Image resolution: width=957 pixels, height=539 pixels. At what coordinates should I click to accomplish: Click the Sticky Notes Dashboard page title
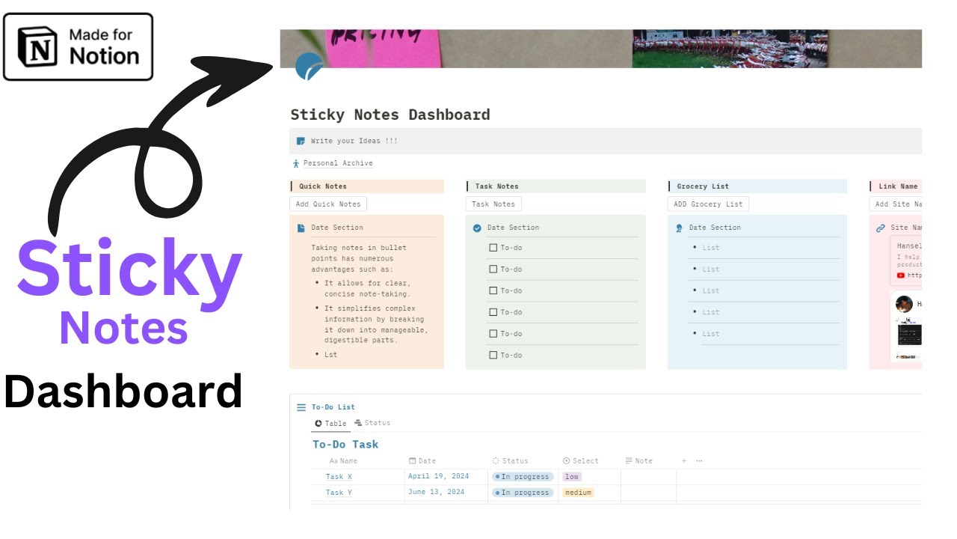point(390,115)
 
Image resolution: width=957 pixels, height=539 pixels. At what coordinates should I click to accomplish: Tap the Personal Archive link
point(337,163)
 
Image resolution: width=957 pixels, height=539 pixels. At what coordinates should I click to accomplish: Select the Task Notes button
point(493,204)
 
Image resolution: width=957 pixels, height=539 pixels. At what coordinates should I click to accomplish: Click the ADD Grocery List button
point(707,204)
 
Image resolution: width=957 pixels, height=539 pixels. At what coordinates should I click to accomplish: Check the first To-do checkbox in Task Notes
point(493,248)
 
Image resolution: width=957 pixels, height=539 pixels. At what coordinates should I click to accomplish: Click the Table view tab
point(330,424)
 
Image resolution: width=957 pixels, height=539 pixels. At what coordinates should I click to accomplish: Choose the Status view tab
point(372,423)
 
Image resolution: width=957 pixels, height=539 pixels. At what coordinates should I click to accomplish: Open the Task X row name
point(339,477)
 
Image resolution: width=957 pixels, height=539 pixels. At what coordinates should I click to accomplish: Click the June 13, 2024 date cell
point(436,493)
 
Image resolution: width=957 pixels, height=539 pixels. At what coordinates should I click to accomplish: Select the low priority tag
point(571,477)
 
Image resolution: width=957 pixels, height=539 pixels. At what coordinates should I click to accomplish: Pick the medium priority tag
point(578,493)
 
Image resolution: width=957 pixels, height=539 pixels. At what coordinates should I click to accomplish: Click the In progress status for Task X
point(523,477)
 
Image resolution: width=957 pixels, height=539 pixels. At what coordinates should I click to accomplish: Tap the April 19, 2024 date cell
point(438,477)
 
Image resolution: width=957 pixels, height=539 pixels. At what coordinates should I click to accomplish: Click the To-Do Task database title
point(345,445)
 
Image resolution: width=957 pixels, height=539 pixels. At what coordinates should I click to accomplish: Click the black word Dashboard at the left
point(123,391)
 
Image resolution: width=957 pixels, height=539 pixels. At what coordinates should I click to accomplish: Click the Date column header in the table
point(422,461)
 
